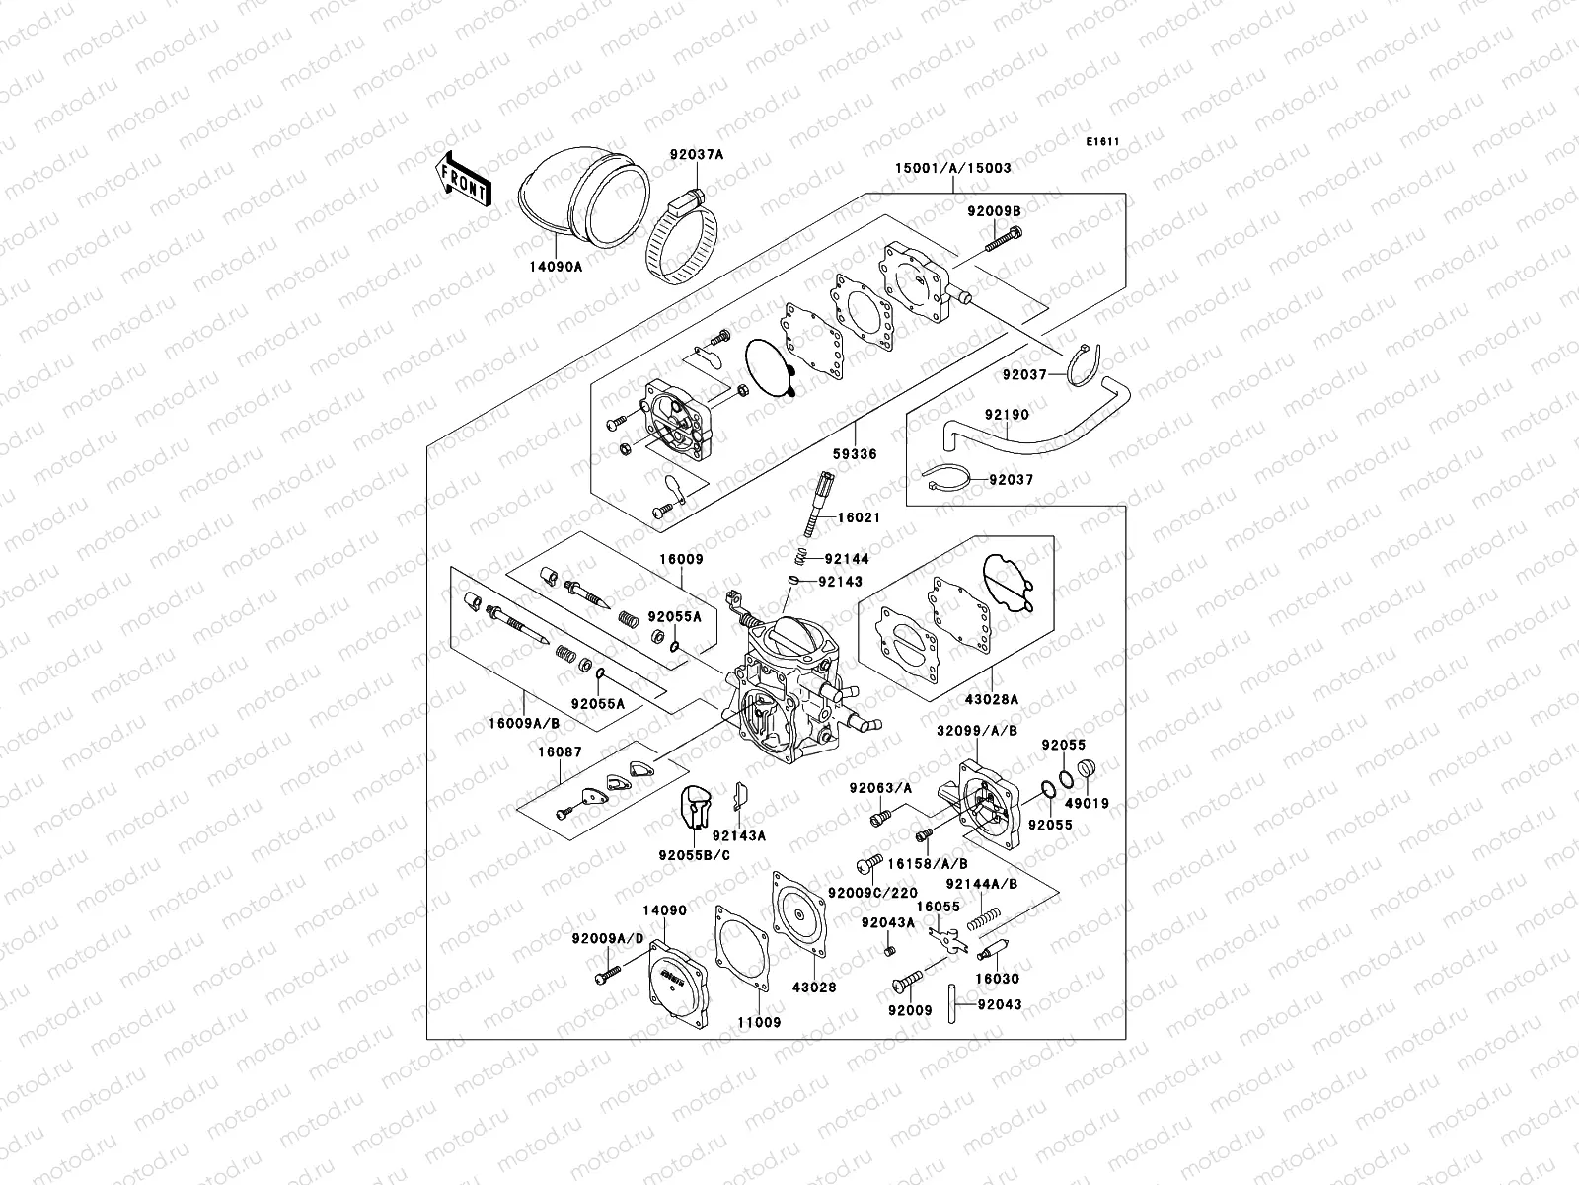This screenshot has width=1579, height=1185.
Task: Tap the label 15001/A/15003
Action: tap(939, 169)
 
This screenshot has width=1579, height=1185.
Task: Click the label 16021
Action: tap(859, 517)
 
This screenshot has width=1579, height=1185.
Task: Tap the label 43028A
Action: tap(991, 700)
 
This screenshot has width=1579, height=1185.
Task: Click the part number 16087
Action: tap(560, 752)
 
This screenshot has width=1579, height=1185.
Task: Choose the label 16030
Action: tap(997, 980)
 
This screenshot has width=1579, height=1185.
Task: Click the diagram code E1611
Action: tap(1103, 142)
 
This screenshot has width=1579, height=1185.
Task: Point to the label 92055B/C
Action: tap(695, 855)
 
